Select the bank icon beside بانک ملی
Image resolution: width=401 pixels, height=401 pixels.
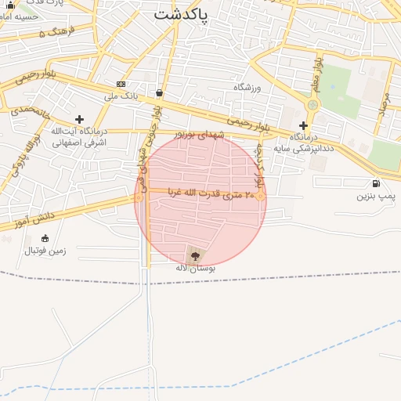coord(121,85)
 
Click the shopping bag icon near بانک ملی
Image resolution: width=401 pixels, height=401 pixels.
coord(160,92)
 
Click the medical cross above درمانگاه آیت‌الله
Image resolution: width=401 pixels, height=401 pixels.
coord(79,119)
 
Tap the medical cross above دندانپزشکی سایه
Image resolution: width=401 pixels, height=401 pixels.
coord(303,125)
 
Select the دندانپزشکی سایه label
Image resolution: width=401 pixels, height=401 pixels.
coord(305,146)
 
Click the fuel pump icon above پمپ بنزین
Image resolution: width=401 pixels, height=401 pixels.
coord(377,184)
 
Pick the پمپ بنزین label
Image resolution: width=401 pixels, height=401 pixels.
coord(373,196)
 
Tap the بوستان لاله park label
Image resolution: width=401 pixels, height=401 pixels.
coord(195,268)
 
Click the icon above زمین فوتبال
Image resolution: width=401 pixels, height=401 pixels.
coord(45,238)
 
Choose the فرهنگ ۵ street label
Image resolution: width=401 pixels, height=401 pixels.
coord(56,33)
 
